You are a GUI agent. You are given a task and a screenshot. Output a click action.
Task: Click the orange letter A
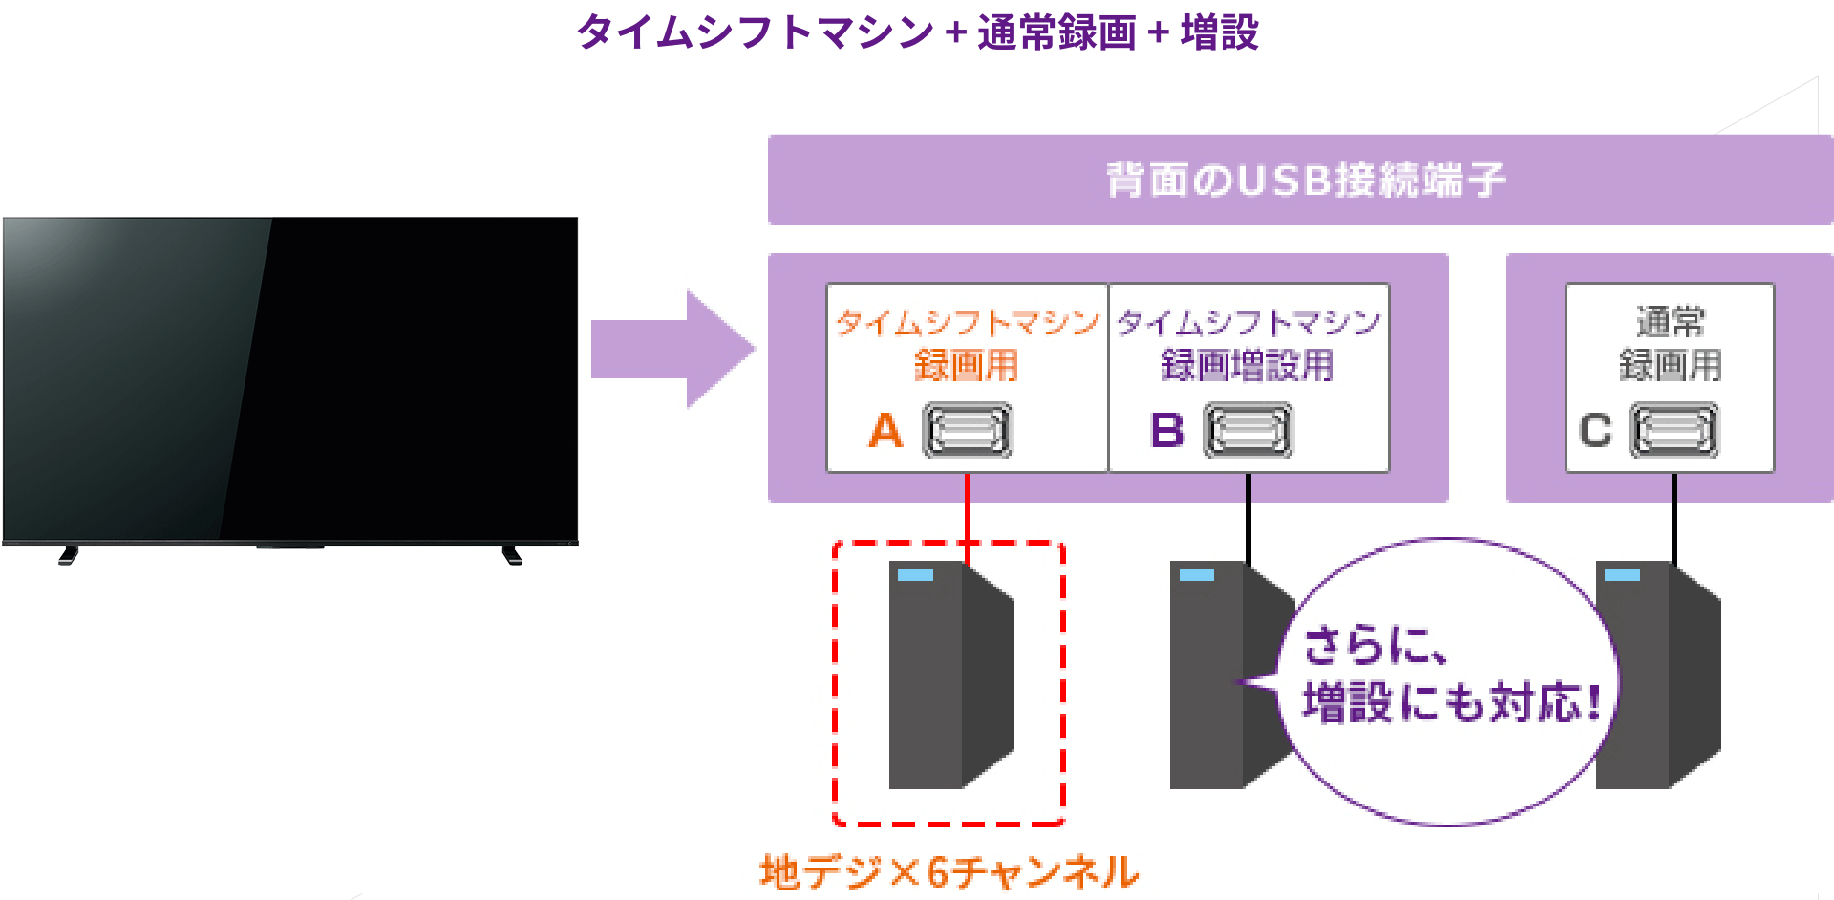[885, 430]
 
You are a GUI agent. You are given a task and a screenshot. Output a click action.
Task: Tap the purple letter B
[1166, 430]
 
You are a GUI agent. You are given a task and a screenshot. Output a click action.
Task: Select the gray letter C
[1594, 430]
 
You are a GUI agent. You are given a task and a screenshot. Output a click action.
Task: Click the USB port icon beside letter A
[967, 431]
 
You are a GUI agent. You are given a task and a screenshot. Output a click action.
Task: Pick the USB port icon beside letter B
[1248, 431]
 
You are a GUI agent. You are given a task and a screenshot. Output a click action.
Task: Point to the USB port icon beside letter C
[1673, 431]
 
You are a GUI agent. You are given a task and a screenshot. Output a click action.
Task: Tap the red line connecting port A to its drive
[968, 506]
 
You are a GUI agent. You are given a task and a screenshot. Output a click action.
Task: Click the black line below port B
[1248, 516]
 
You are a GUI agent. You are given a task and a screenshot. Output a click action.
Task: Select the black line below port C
[1674, 516]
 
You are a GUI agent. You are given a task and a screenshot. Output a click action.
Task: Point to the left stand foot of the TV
[68, 555]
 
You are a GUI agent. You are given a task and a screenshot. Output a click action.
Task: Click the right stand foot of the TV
[512, 555]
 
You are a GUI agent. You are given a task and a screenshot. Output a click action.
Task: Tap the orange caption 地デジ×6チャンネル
[949, 872]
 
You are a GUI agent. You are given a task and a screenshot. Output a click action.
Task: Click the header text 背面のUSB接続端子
[1305, 180]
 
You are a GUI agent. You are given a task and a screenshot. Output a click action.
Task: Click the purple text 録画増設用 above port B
[1247, 365]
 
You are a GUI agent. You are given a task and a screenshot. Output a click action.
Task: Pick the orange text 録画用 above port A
[966, 365]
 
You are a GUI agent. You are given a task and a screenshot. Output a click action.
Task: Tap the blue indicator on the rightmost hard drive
[1622, 575]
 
